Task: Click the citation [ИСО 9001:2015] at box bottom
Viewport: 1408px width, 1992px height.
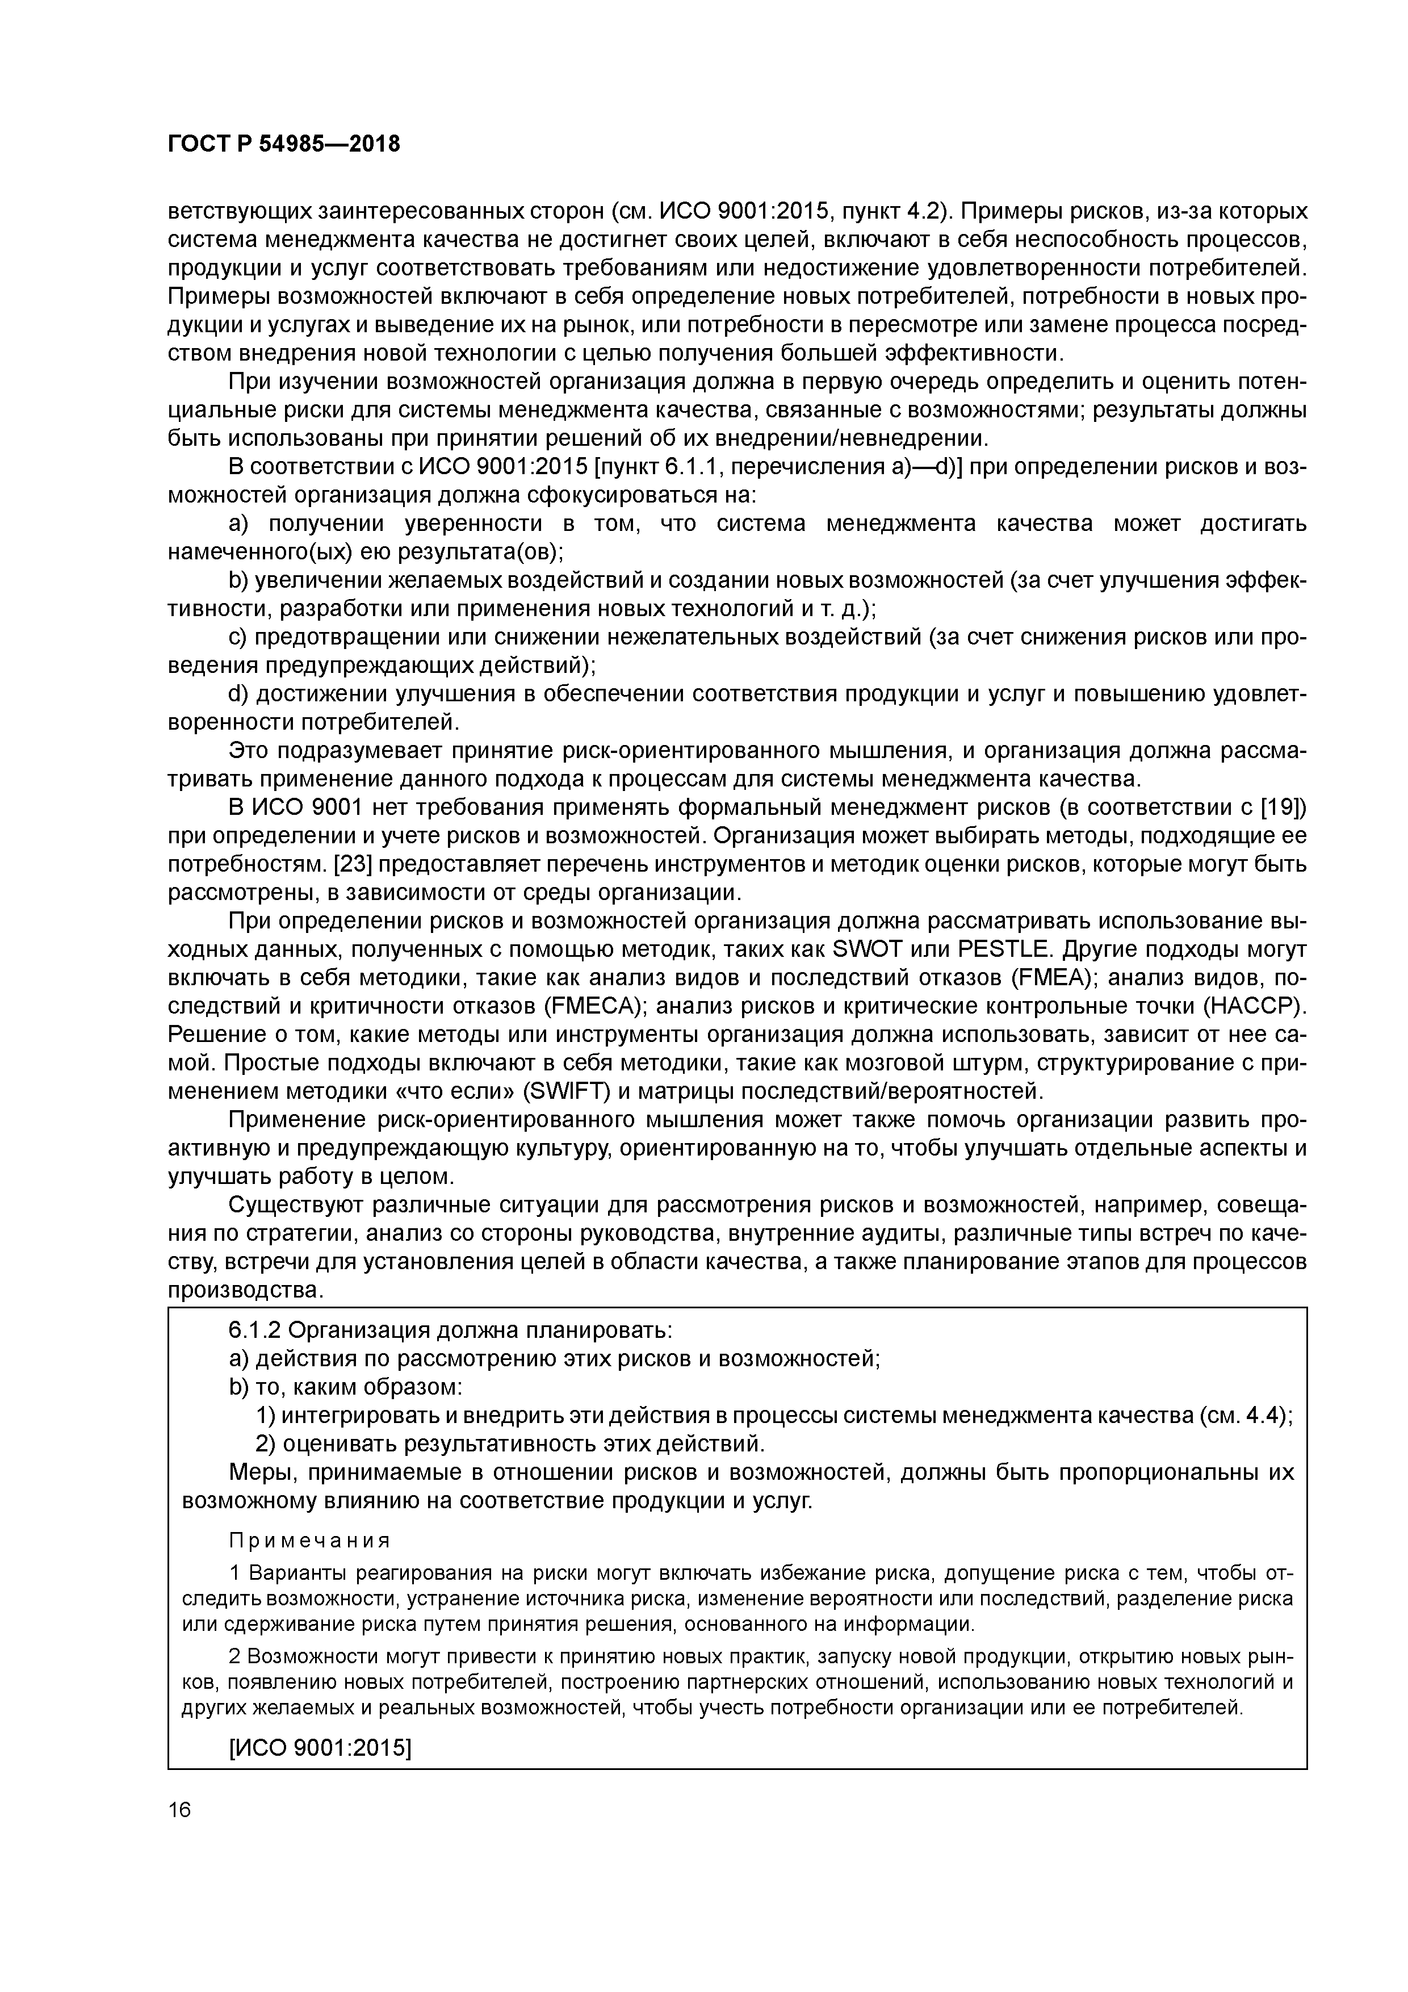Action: click(x=319, y=1747)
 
